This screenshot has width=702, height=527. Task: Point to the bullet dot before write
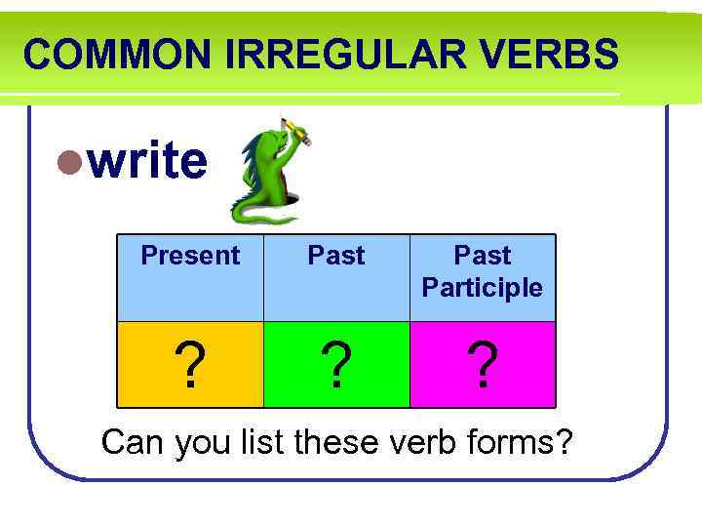coord(68,161)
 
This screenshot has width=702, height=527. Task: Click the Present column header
coord(190,256)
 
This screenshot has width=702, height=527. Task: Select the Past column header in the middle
coord(336,256)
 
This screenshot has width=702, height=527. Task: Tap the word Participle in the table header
coord(483,288)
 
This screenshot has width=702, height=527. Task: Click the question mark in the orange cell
coord(190,366)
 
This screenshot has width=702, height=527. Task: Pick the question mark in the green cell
coord(336,366)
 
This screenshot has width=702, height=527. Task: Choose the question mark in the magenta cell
coord(483,366)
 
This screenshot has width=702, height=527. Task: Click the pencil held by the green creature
coord(296,131)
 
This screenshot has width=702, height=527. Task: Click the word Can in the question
coord(134,442)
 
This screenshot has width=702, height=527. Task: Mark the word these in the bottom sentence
coord(336,442)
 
